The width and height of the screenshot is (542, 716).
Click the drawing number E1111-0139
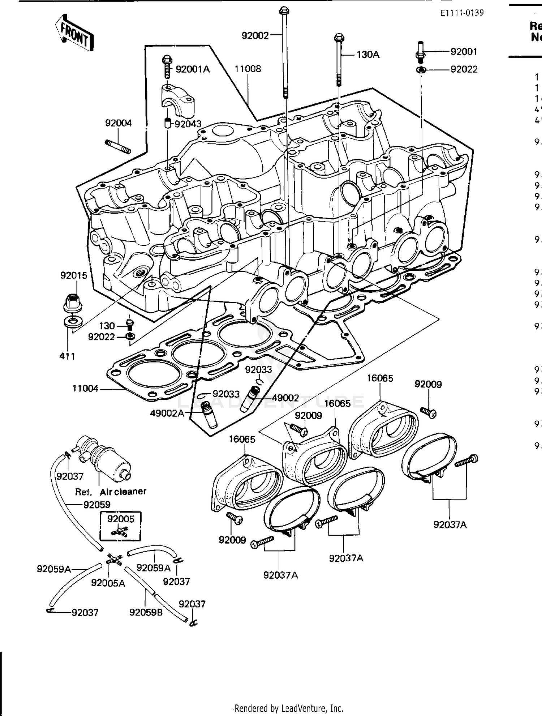click(x=461, y=13)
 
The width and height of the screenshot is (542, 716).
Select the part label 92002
click(x=255, y=35)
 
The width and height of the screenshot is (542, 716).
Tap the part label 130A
click(x=368, y=55)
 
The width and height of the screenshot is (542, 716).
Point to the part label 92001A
click(x=193, y=69)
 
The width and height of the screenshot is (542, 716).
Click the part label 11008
click(x=248, y=69)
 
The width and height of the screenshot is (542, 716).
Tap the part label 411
click(x=67, y=356)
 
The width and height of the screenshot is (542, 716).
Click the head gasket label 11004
click(x=85, y=389)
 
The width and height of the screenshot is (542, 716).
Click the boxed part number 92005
click(x=121, y=519)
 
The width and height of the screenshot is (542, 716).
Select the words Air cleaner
click(x=123, y=492)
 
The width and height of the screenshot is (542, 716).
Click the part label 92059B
click(x=146, y=612)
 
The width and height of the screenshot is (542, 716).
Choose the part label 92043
click(x=188, y=124)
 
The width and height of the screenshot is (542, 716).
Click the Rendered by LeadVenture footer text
click(x=289, y=708)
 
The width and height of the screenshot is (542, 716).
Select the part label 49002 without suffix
click(x=285, y=398)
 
